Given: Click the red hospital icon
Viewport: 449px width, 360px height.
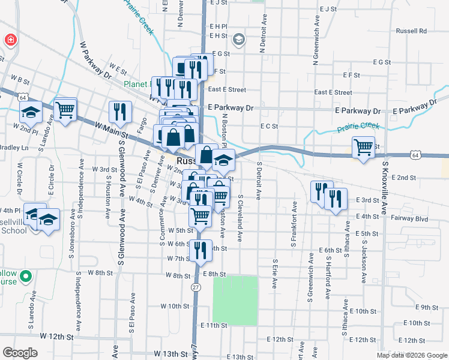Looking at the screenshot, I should tap(10, 41).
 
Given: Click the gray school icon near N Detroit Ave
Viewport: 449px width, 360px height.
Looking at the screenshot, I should tap(238, 40).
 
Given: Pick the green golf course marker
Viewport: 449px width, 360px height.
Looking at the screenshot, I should tap(25, 277).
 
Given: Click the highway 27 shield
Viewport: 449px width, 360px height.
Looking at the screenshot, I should tap(196, 288).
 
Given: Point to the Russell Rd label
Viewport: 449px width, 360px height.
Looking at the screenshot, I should tap(411, 31).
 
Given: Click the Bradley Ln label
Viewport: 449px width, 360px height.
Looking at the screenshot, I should tap(13, 148).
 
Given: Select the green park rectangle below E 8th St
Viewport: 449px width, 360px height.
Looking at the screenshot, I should tap(235, 298).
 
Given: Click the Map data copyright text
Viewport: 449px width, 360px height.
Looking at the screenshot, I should tap(411, 355).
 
